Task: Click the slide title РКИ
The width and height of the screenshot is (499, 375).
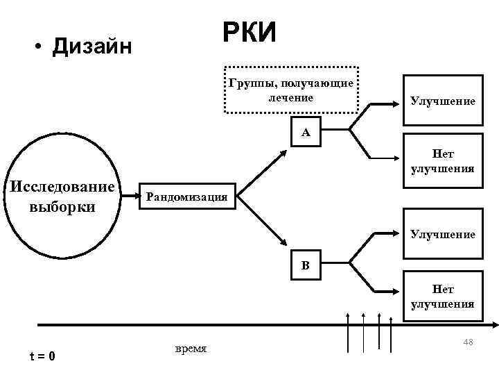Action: [x=249, y=32]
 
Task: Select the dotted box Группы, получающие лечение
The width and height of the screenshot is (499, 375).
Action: [x=291, y=89]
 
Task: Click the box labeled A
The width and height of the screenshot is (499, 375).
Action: [x=306, y=133]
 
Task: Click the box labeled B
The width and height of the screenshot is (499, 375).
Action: [x=306, y=266]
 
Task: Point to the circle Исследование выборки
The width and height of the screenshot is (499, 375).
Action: [x=60, y=197]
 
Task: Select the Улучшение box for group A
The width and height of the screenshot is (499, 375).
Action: [x=442, y=101]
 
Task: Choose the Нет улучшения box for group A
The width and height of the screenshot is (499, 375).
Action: [x=442, y=162]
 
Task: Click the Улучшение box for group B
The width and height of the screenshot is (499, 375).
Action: [x=442, y=235]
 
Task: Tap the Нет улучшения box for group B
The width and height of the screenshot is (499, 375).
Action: [x=442, y=297]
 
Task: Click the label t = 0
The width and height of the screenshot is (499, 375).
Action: [x=42, y=357]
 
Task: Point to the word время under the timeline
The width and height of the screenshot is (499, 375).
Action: [x=191, y=347]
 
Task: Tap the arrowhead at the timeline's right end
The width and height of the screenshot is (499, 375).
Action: [x=493, y=323]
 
